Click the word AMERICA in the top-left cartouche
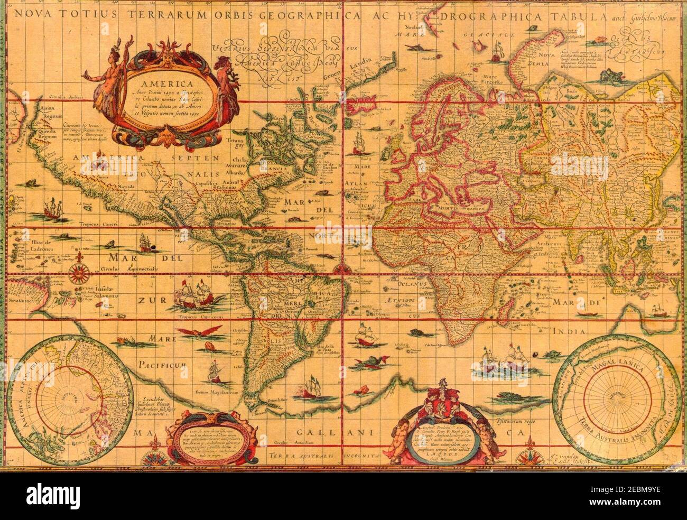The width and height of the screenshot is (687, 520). click(x=162, y=83)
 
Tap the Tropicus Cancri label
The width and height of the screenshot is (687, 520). click(x=95, y=224)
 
